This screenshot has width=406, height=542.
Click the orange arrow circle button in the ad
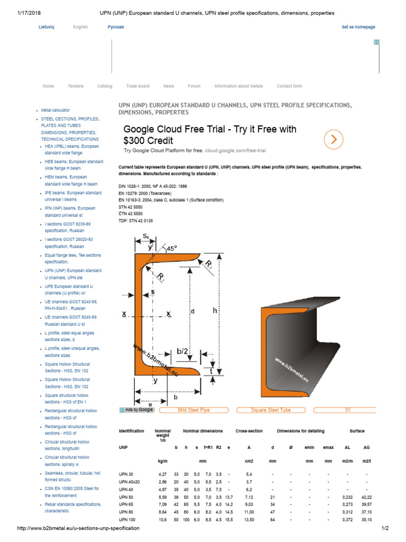pyautogui.click(x=334, y=139)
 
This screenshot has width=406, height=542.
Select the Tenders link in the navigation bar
pyautogui.click(x=76, y=86)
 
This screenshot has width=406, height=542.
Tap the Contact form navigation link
pyautogui.click(x=289, y=86)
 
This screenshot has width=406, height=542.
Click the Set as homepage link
pyautogui.click(x=358, y=27)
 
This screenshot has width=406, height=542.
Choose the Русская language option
pyautogui.click(x=116, y=27)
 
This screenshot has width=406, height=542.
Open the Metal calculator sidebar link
pyautogui.click(x=56, y=110)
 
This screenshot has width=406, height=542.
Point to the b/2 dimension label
pyautogui.click(x=182, y=351)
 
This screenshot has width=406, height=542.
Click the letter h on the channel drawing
pyautogui.click(x=215, y=311)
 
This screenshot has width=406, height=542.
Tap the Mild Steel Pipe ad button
pyautogui.click(x=193, y=410)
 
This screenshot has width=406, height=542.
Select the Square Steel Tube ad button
pyautogui.click(x=271, y=410)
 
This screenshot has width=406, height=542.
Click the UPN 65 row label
pyautogui.click(x=126, y=505)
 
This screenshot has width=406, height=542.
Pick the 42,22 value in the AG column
pyautogui.click(x=366, y=498)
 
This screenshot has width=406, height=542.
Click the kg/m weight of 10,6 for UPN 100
pyautogui.click(x=162, y=520)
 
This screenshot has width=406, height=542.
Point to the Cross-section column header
pyautogui.click(x=249, y=431)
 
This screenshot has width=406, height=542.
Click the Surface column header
pyautogui.click(x=357, y=431)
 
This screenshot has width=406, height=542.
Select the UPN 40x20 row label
pyautogui.click(x=130, y=482)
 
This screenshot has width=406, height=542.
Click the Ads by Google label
pyautogui.click(x=136, y=410)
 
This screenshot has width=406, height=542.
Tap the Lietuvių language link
pyautogui.click(x=46, y=27)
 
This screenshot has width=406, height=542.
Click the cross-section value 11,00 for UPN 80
pyautogui.click(x=248, y=513)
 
